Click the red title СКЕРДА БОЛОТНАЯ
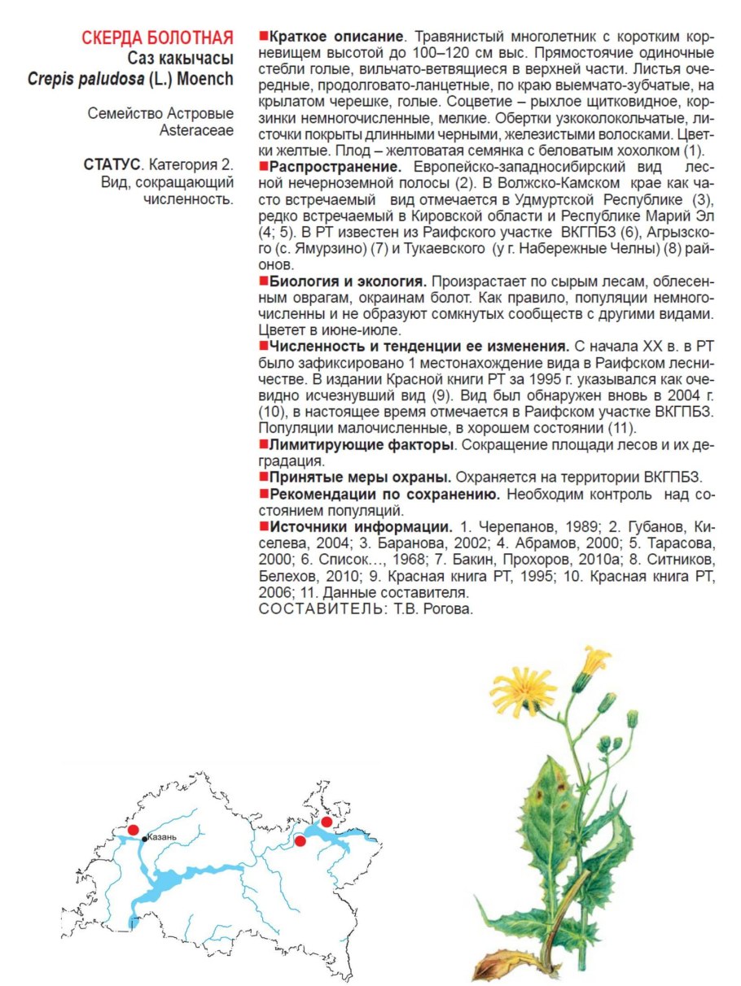pyautogui.click(x=157, y=37)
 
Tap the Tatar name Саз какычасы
pyautogui.click(x=180, y=59)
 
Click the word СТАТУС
pyautogui.click(x=112, y=164)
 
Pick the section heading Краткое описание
pyautogui.click(x=336, y=37)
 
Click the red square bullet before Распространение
pyautogui.click(x=264, y=166)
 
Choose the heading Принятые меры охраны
pyautogui.click(x=360, y=477)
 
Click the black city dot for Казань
pyautogui.click(x=145, y=839)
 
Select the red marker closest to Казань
pyautogui.click(x=134, y=829)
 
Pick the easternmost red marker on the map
pyautogui.click(x=327, y=822)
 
